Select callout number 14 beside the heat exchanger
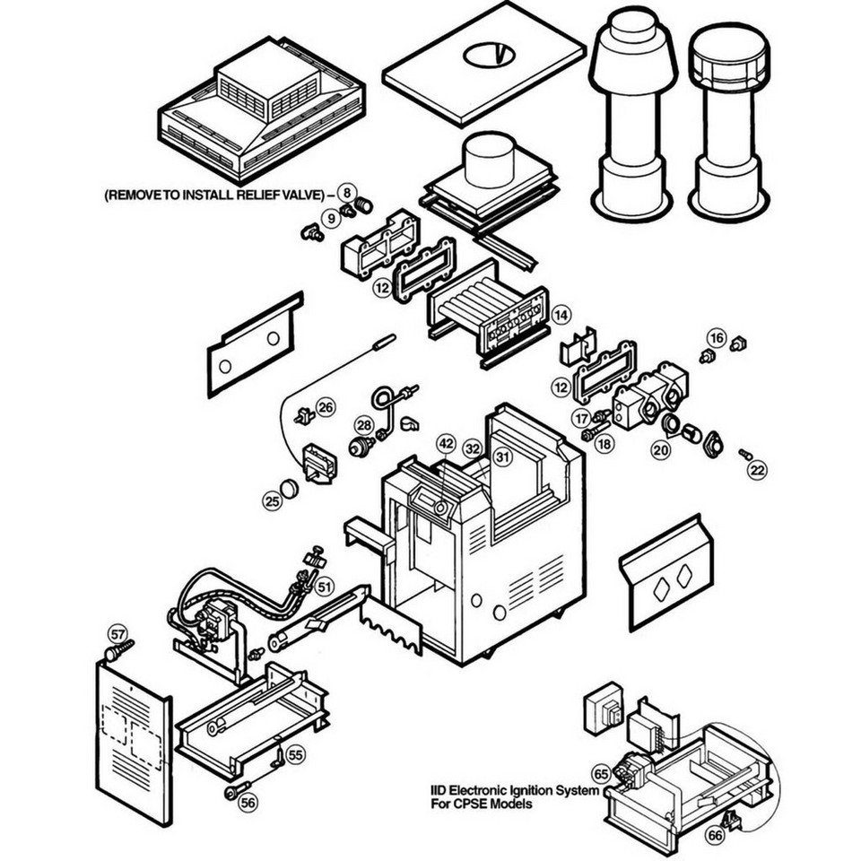(x=561, y=315)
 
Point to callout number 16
(x=715, y=337)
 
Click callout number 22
(x=759, y=469)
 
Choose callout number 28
(x=363, y=424)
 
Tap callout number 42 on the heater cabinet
(x=446, y=443)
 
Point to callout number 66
(x=715, y=835)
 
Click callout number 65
(x=601, y=773)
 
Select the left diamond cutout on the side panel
(x=661, y=588)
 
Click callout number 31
(x=503, y=456)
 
